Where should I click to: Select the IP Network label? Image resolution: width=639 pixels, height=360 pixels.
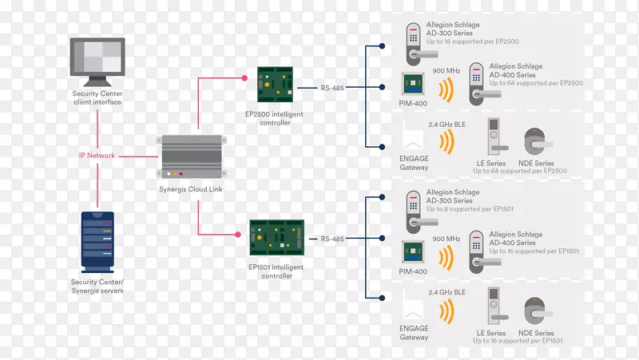(x=97, y=156)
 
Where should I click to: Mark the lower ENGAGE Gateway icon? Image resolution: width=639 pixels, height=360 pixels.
(x=414, y=307)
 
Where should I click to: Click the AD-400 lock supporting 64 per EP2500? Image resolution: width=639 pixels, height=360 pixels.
(x=477, y=89)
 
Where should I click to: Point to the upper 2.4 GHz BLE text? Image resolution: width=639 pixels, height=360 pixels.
(x=446, y=125)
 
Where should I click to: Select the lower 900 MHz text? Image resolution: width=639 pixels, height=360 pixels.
(x=446, y=239)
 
